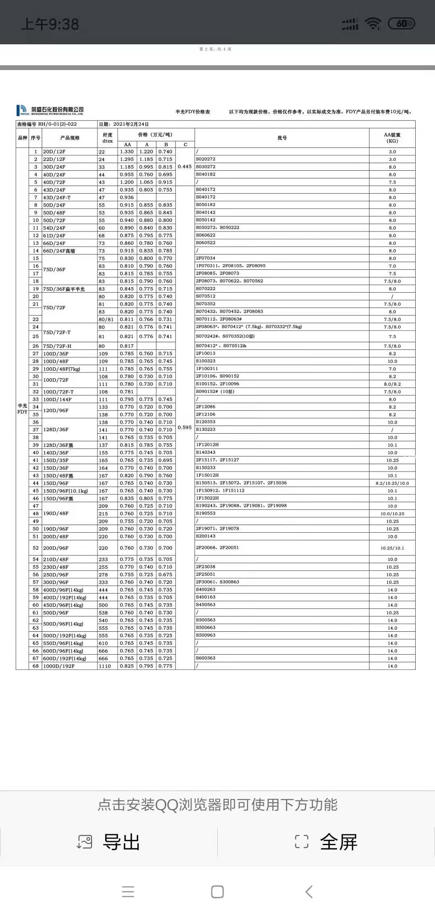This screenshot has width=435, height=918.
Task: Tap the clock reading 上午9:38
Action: (50, 24)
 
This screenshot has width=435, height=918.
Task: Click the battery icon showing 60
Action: (401, 24)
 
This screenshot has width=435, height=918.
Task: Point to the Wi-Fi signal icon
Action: (373, 24)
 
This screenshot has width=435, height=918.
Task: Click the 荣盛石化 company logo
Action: (50, 110)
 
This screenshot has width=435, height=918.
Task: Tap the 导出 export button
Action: (109, 842)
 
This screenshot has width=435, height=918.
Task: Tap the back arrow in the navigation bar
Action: (309, 892)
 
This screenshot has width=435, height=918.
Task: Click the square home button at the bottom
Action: (217, 892)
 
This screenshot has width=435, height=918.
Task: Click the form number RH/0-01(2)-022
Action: (57, 124)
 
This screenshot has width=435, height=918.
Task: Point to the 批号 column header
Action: (282, 138)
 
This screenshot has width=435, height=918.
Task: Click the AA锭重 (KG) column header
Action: (392, 138)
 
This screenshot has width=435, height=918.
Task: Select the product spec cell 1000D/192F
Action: (59, 666)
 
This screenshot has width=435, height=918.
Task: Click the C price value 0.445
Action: (184, 167)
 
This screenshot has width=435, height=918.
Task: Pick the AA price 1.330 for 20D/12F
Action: (126, 152)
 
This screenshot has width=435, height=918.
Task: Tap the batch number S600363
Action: (206, 658)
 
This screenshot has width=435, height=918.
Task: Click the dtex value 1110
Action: (105, 666)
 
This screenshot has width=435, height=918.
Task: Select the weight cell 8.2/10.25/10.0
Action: (392, 483)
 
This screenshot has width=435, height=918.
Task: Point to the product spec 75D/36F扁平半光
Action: (64, 289)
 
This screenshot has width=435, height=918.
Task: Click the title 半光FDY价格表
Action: (193, 112)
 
